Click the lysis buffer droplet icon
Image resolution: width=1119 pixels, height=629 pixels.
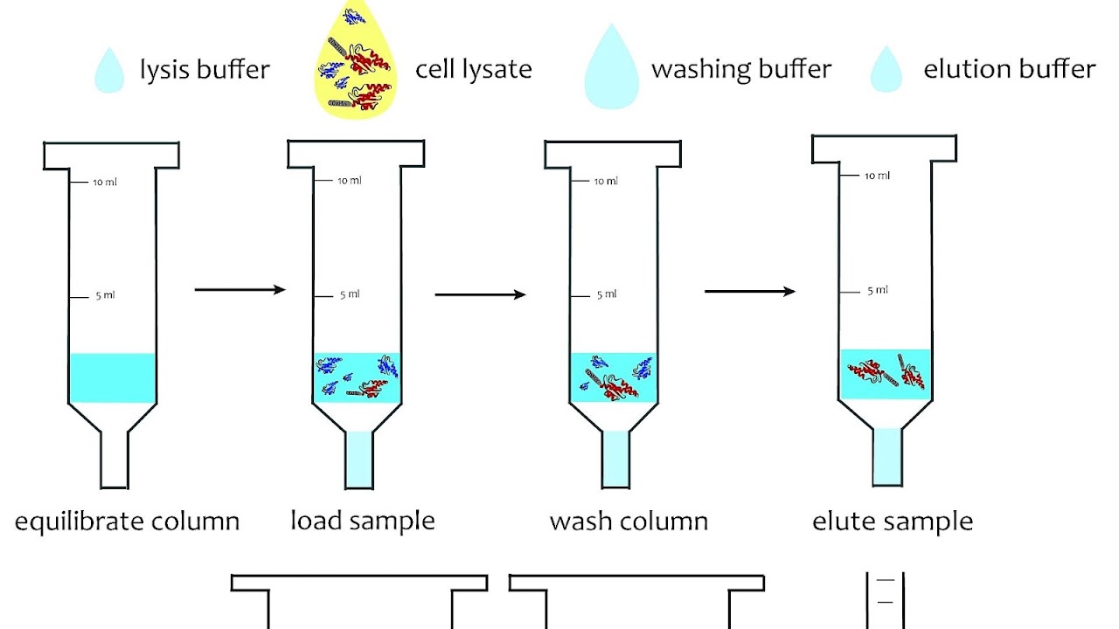[x=109, y=72]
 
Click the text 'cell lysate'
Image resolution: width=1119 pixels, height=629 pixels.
[x=473, y=69]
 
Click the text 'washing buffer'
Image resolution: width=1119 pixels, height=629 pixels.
[x=741, y=69]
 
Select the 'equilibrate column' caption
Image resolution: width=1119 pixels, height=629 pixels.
[x=127, y=522]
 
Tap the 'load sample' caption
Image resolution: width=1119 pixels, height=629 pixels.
[x=362, y=522]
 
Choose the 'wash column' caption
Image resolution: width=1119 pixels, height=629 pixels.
[x=629, y=522]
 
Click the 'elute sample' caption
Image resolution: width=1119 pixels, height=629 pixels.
[x=893, y=522]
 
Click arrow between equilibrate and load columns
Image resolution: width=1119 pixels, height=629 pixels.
[x=240, y=289]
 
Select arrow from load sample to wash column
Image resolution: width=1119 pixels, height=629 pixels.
[x=480, y=294]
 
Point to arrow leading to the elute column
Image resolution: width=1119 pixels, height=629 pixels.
[x=749, y=291]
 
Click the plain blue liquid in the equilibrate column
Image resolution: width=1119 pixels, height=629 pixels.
[x=112, y=377]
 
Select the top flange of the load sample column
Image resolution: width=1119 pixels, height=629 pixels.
[x=356, y=154]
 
